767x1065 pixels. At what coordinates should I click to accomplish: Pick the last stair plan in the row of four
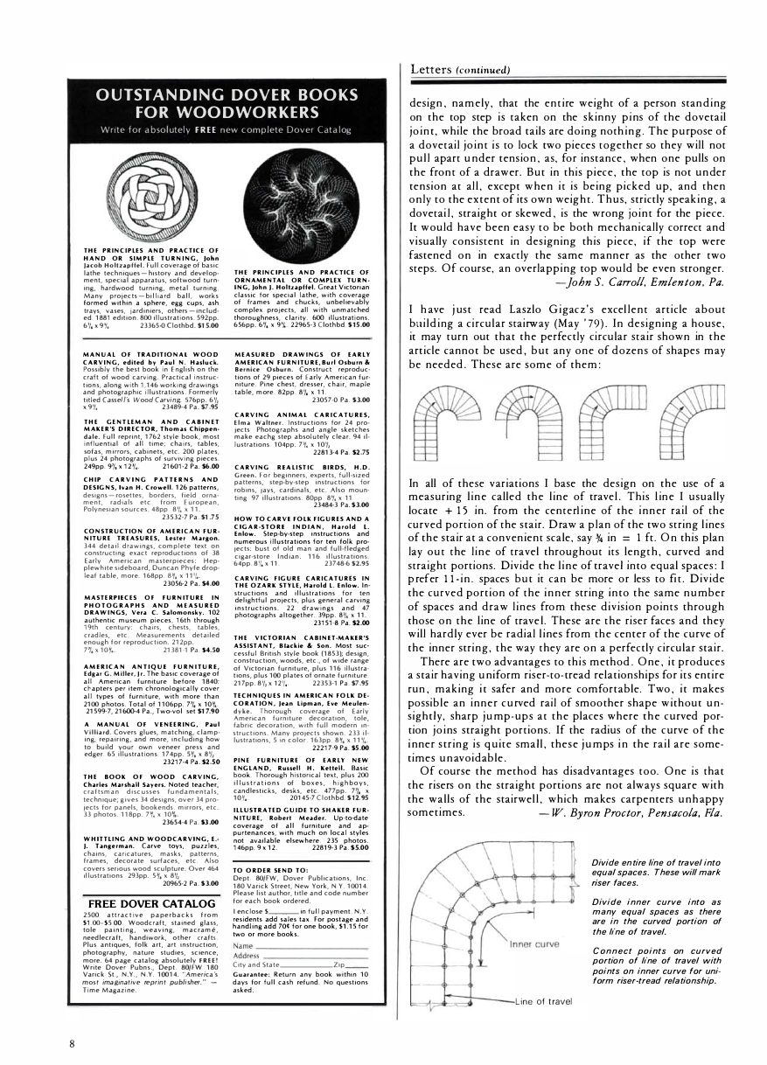click(684, 422)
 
